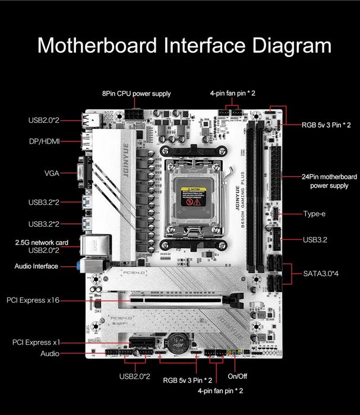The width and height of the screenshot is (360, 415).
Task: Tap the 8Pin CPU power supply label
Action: pyautogui.click(x=136, y=93)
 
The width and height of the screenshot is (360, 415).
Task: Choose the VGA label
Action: pyautogui.click(x=51, y=173)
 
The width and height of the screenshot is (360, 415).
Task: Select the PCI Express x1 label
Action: pyautogui.click(x=36, y=342)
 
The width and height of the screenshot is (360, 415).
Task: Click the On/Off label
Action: pyautogui.click(x=238, y=376)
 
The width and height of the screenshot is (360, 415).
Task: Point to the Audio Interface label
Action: pyautogui.click(x=36, y=266)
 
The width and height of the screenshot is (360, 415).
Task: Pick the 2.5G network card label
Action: pyautogui.click(x=42, y=242)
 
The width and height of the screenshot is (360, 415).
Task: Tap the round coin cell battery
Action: pyautogui.click(x=176, y=342)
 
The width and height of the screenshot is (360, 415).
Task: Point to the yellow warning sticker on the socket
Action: pyautogui.click(x=193, y=197)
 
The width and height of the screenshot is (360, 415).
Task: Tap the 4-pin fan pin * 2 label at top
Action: pyautogui.click(x=233, y=93)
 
